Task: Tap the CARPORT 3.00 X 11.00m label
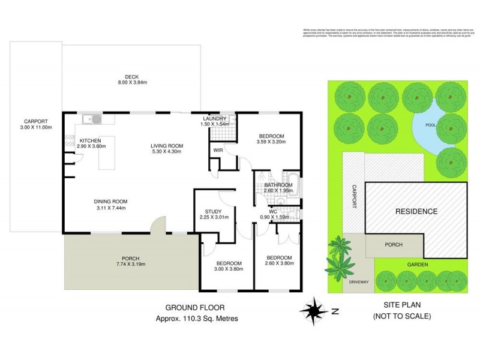[x=36, y=123]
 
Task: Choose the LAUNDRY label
[x=214, y=119]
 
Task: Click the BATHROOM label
[x=278, y=185]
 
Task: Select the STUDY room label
[x=214, y=212]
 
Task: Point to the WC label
[x=272, y=211]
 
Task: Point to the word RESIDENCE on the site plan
[x=416, y=211]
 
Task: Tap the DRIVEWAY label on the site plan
[x=358, y=281]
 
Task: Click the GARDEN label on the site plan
[x=399, y=263]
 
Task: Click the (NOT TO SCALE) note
[x=401, y=316]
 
